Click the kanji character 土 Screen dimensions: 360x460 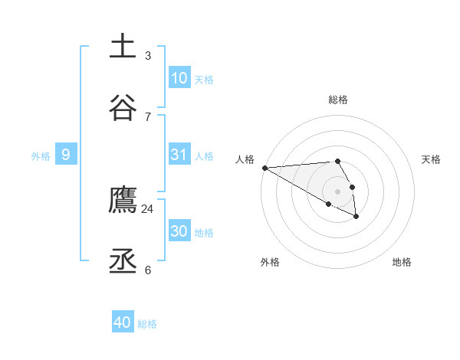tap(123, 46)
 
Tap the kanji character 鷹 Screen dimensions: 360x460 tap(123, 199)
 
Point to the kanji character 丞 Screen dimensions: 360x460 tap(123, 261)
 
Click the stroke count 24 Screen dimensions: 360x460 tap(147, 208)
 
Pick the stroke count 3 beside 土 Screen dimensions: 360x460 tap(147, 55)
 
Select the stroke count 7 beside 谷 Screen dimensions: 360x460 tap(147, 116)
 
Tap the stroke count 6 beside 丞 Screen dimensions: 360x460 tap(147, 270)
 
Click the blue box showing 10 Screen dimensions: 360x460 tap(179, 78)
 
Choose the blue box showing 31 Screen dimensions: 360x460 tap(179, 155)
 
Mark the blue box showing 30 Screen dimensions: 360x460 tap(179, 231)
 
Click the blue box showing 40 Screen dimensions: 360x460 tap(123, 322)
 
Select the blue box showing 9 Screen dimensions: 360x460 tap(66, 155)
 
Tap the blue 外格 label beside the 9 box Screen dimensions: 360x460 tap(41, 155)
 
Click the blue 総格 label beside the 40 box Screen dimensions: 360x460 tap(147, 324)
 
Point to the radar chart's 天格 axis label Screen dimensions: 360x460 tap(431, 159)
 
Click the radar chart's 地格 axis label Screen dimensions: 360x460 tap(402, 262)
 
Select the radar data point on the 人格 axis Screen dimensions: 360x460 tap(264, 167)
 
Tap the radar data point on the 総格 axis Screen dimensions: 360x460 tap(337, 161)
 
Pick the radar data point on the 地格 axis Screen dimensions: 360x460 tap(356, 217)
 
